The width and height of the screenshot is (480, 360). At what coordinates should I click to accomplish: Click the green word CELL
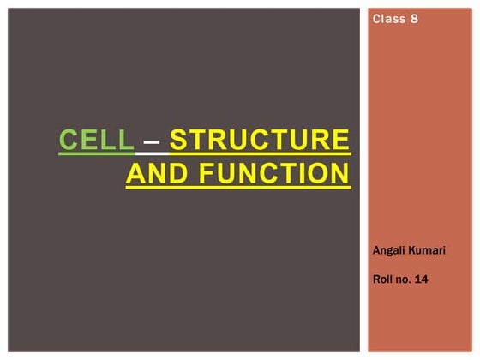(x=96, y=140)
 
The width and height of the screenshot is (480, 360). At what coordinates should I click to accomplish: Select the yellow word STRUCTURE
(x=260, y=140)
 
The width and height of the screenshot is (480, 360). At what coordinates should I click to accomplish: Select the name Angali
(x=391, y=249)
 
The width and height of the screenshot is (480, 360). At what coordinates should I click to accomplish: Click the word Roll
(x=385, y=278)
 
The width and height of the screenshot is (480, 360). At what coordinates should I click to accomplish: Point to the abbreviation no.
(x=405, y=278)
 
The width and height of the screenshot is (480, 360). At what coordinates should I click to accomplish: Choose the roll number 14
(x=423, y=278)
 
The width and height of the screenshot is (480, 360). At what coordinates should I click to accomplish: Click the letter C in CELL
(x=68, y=140)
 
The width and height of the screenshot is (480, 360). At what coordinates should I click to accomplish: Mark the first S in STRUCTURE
(x=178, y=140)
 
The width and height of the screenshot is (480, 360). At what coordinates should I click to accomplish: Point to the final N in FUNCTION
(x=340, y=174)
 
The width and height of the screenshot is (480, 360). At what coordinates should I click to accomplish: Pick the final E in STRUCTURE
(x=340, y=140)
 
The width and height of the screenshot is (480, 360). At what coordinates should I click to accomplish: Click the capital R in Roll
(x=378, y=278)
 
